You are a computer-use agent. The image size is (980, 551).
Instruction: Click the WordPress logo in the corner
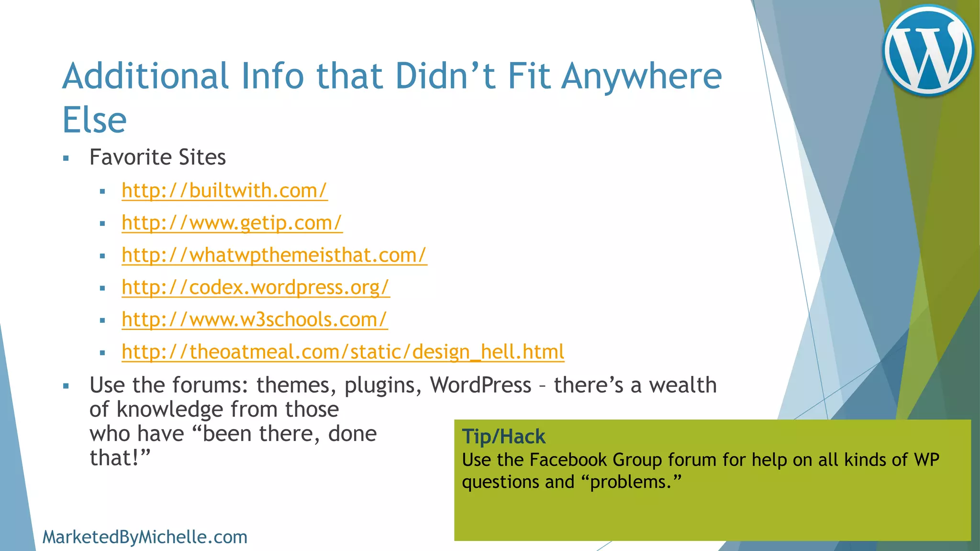928,50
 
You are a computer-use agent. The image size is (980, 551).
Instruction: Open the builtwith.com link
224,190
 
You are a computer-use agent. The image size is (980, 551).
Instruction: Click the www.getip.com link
232,223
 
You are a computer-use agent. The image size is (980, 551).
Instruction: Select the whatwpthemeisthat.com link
274,255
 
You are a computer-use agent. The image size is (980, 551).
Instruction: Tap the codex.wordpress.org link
256,287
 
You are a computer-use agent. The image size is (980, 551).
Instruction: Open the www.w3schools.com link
255,320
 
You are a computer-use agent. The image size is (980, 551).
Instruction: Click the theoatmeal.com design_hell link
343,352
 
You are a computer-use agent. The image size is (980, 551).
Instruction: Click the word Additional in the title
145,76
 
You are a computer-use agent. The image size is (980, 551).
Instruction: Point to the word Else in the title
95,120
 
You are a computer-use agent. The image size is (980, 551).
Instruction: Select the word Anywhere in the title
641,76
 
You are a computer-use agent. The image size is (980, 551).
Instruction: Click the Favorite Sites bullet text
157,157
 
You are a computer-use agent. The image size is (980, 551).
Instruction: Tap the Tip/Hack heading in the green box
503,436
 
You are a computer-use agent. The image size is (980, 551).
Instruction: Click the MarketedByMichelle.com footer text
145,537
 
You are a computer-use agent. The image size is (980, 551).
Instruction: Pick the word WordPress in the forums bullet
480,385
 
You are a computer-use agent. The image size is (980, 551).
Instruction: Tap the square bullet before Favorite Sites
66,158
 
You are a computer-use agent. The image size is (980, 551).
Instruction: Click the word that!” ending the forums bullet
120,458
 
